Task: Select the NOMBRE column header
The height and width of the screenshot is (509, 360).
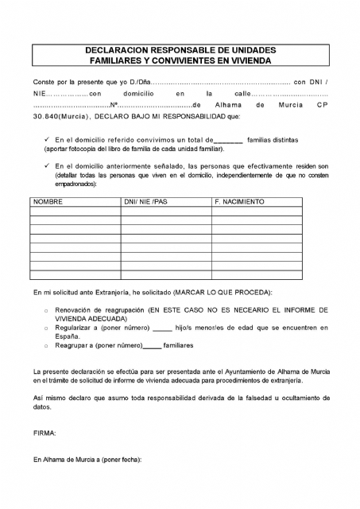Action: pyautogui.click(x=48, y=202)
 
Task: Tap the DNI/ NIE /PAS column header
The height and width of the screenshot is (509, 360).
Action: pyautogui.click(x=146, y=202)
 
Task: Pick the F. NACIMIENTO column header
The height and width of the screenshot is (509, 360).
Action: pyautogui.click(x=239, y=202)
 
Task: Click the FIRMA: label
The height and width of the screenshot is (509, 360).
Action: pyautogui.click(x=45, y=433)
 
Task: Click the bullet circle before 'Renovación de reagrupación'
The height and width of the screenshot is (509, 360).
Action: pyautogui.click(x=47, y=309)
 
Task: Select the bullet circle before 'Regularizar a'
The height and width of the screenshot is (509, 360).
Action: pyautogui.click(x=47, y=328)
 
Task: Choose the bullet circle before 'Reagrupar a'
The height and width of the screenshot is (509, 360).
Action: pyautogui.click(x=47, y=346)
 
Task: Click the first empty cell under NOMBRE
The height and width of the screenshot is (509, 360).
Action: pyautogui.click(x=74, y=212)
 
